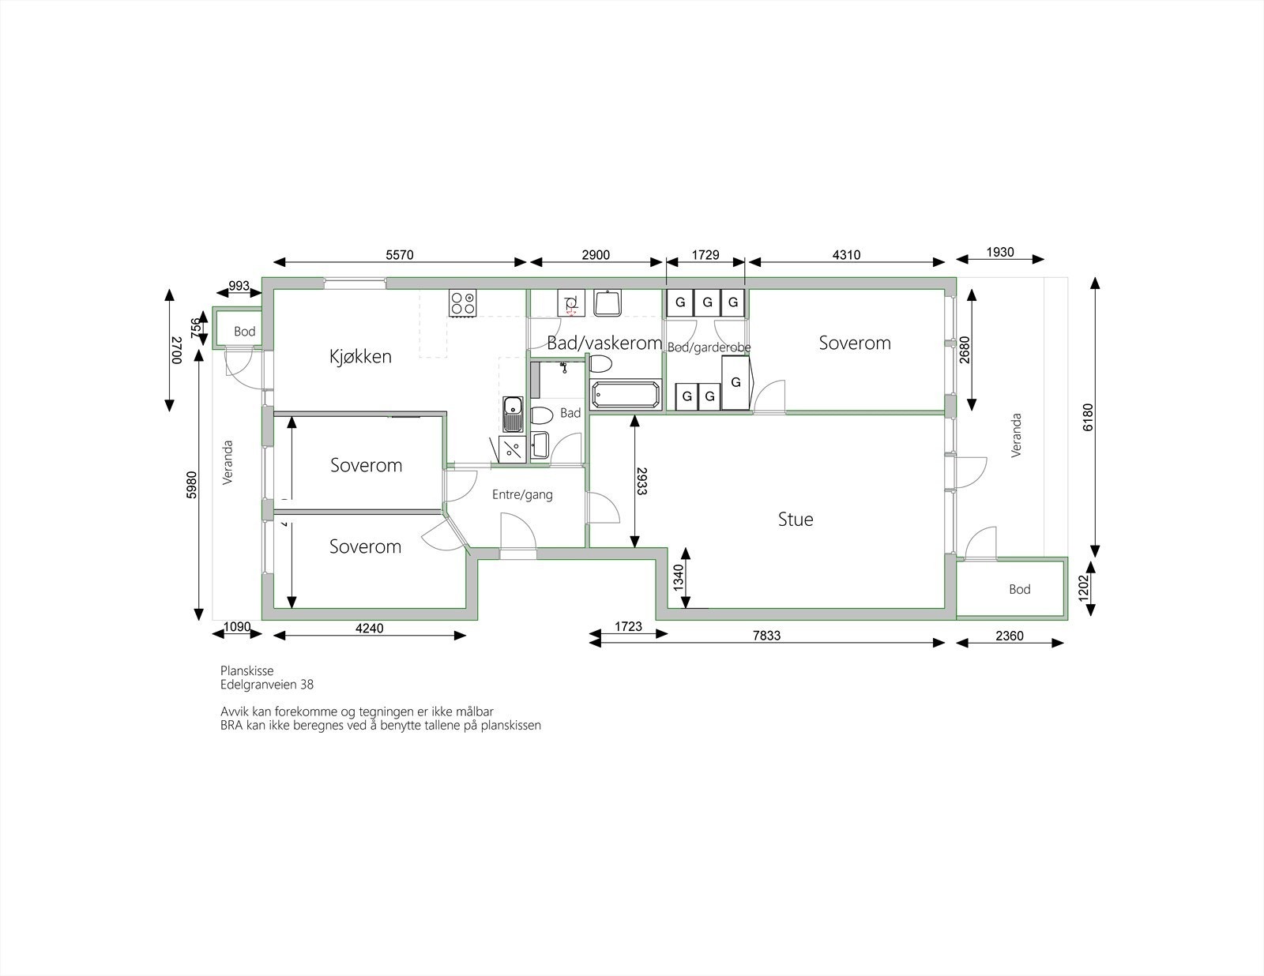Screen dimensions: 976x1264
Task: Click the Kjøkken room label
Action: click(x=360, y=356)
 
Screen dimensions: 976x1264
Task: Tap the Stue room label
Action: click(x=796, y=519)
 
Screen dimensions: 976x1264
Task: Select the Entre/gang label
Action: click(x=522, y=495)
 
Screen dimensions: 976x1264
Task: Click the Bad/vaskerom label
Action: click(x=604, y=343)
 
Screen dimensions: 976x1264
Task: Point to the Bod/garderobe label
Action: click(x=709, y=347)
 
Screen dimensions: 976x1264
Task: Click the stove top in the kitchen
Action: click(x=463, y=303)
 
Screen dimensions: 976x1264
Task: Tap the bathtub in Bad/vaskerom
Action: click(x=625, y=396)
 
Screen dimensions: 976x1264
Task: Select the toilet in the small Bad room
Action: click(x=542, y=416)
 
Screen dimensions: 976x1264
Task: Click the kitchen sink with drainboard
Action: click(x=513, y=414)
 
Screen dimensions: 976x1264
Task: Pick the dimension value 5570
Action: click(x=400, y=255)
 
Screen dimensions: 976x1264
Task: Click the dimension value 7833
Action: click(x=766, y=636)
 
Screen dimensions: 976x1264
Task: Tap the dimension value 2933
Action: click(x=642, y=481)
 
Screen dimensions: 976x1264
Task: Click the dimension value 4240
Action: click(x=369, y=629)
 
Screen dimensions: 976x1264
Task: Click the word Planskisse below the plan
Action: click(x=247, y=670)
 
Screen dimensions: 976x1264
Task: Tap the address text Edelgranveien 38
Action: click(x=267, y=685)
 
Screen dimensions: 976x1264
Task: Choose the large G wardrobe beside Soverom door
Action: click(x=736, y=382)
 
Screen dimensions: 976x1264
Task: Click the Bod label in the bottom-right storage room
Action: click(x=1019, y=589)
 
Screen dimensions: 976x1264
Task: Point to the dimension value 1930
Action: click(x=1000, y=253)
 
